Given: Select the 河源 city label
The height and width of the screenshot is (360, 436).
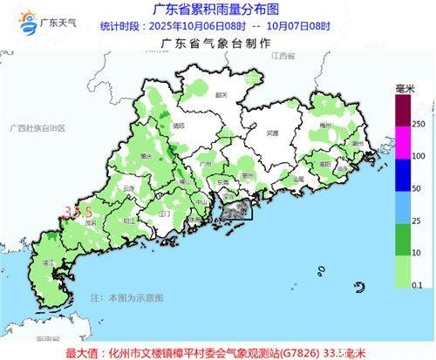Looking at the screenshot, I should pyautogui.click(x=273, y=133).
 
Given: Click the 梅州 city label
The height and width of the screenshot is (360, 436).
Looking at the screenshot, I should pyautogui.click(x=328, y=127).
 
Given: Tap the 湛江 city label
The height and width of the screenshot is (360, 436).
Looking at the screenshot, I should pyautogui.click(x=50, y=260).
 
